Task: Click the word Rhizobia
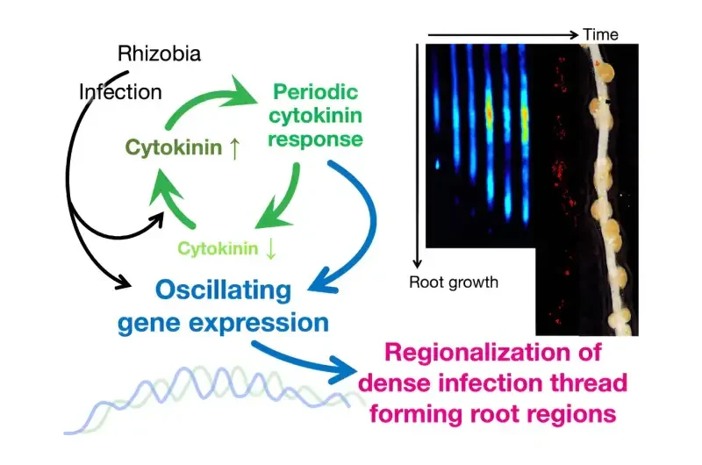click(x=159, y=54)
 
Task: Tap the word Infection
click(x=120, y=92)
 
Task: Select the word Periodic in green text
click(x=315, y=92)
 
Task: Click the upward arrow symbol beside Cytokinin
click(x=234, y=148)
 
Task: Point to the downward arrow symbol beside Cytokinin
click(x=270, y=249)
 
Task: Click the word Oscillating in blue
click(x=223, y=290)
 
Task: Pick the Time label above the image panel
click(x=600, y=34)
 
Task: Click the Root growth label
click(x=454, y=283)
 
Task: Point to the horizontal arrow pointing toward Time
click(x=503, y=34)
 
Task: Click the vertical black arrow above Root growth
click(x=418, y=156)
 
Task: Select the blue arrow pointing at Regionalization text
click(x=304, y=361)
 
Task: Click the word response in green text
click(x=315, y=139)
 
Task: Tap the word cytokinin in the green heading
click(x=315, y=116)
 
